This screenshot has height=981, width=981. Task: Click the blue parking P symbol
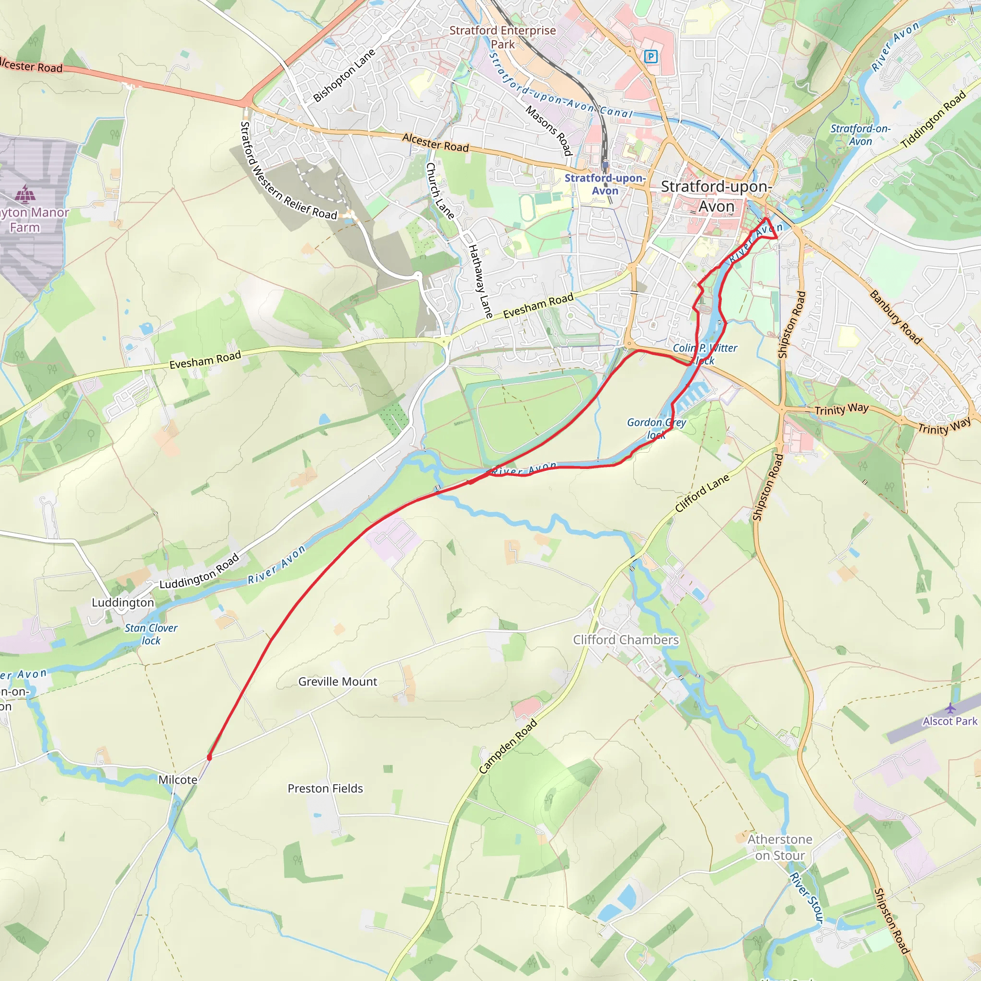pyautogui.click(x=651, y=57)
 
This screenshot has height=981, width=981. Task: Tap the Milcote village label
pyautogui.click(x=178, y=779)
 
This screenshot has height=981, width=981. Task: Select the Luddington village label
pyautogui.click(x=123, y=602)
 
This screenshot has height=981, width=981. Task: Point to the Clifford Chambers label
pyautogui.click(x=626, y=640)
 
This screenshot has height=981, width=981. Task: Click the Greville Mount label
pyautogui.click(x=338, y=682)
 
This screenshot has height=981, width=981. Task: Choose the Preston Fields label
pyautogui.click(x=325, y=788)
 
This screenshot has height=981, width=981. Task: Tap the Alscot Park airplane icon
pyautogui.click(x=950, y=708)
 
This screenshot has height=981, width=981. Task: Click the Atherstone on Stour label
pyautogui.click(x=780, y=847)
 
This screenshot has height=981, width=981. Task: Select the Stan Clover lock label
pyautogui.click(x=151, y=634)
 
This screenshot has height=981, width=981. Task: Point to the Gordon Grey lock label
pyautogui.click(x=657, y=428)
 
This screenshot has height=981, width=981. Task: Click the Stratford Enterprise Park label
pyautogui.click(x=502, y=37)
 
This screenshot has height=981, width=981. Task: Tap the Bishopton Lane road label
pyautogui.click(x=344, y=75)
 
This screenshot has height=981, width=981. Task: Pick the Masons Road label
pyautogui.click(x=549, y=130)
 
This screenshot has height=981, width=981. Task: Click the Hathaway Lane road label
pyautogui.click(x=480, y=281)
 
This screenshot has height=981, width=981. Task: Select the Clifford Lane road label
pyautogui.click(x=702, y=492)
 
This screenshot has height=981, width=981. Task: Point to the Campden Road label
pyautogui.click(x=508, y=746)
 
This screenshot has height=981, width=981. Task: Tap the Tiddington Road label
pyautogui.click(x=933, y=120)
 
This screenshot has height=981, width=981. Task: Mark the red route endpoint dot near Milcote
pyautogui.click(x=209, y=757)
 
